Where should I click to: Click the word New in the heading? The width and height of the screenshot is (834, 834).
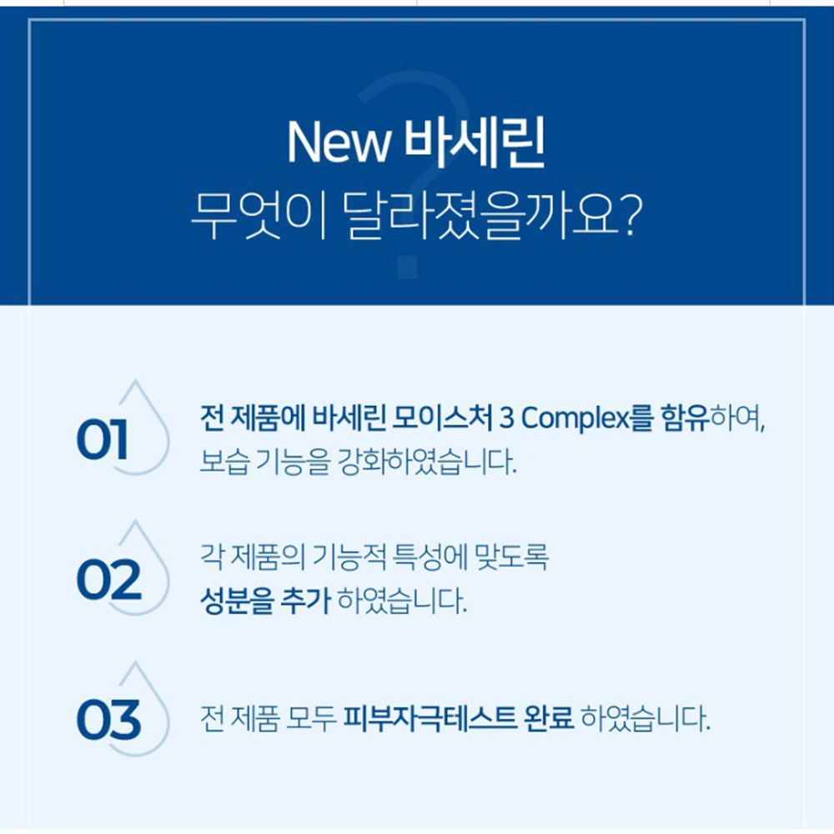tap(339, 143)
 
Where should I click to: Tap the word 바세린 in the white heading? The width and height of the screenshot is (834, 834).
tap(475, 142)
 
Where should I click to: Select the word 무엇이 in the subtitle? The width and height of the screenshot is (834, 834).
tap(258, 214)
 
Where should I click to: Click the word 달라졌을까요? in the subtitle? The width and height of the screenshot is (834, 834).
tap(491, 214)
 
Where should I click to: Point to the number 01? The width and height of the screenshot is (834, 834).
tap(102, 439)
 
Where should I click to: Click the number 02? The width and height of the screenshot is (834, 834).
tap(109, 580)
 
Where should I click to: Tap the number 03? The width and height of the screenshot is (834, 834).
tap(109, 719)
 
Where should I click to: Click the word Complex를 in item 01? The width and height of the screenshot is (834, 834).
tap(586, 418)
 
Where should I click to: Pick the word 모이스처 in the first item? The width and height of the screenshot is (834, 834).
tap(443, 418)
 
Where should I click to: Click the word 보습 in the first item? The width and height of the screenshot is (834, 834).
tap(224, 461)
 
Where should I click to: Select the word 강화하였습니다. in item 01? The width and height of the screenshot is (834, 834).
tap(428, 461)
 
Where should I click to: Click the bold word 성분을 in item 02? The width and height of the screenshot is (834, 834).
tap(237, 601)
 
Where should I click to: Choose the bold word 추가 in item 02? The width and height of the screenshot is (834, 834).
tap(305, 601)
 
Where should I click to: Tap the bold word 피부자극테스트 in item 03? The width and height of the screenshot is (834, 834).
tap(430, 718)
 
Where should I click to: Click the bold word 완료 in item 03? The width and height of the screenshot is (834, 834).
tap(549, 718)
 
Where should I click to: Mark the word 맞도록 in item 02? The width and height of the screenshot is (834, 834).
tap(512, 557)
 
